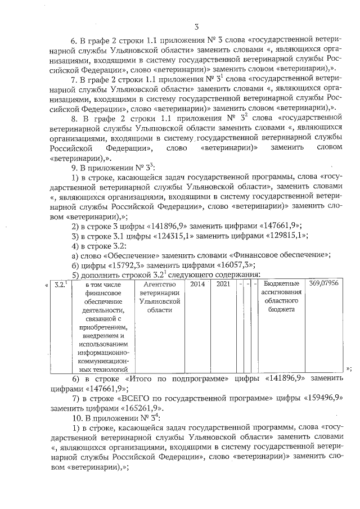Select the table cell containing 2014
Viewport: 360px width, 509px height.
tap(197, 285)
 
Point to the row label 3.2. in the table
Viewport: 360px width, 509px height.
tap(60, 285)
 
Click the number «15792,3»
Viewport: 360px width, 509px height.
tap(122, 265)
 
